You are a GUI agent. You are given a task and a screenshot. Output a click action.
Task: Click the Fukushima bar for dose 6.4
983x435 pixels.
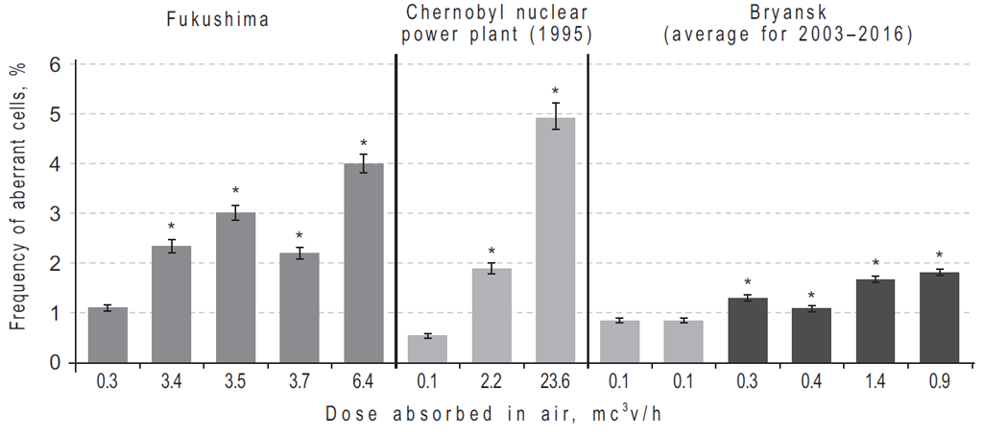tap(363, 263)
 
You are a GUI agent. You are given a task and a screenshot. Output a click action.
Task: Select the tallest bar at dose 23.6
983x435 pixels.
tap(555, 240)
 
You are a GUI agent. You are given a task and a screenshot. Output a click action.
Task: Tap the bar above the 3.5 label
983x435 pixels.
tap(235, 287)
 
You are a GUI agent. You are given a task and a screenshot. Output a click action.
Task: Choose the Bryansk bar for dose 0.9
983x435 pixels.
tap(939, 317)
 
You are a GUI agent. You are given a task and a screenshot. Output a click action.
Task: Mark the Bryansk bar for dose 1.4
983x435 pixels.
tap(875, 321)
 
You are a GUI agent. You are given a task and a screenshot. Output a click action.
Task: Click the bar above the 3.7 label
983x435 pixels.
tap(299, 307)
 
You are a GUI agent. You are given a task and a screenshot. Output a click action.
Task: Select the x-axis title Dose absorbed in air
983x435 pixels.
tap(491, 414)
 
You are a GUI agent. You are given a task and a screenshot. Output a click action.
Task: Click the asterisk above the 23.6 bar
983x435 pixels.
tap(555, 91)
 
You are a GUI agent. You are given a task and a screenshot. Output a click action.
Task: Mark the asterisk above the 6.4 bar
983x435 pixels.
tap(363, 143)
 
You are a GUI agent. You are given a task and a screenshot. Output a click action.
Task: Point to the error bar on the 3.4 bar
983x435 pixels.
tap(171, 246)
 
